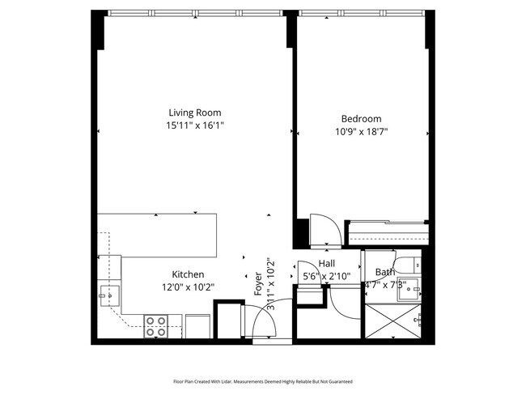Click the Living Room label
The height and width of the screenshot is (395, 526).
point(194,113)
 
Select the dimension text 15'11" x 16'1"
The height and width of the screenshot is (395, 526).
point(194,125)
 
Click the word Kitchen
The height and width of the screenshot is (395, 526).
point(188,274)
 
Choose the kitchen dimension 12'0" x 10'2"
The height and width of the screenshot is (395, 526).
point(188,287)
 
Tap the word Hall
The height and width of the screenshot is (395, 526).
point(327,264)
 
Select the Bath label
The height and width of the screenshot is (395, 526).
point(385,272)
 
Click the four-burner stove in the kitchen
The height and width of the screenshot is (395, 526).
point(156,325)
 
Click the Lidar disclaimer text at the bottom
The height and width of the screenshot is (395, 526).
point(263,380)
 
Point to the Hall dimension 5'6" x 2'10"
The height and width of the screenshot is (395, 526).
point(327,277)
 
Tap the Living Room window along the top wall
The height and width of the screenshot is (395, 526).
point(194,14)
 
